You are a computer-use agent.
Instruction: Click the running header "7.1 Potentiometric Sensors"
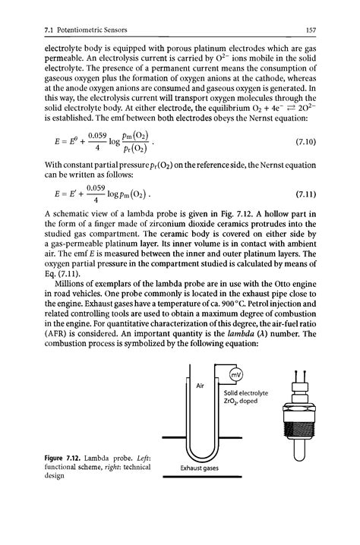tap(67, 30)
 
